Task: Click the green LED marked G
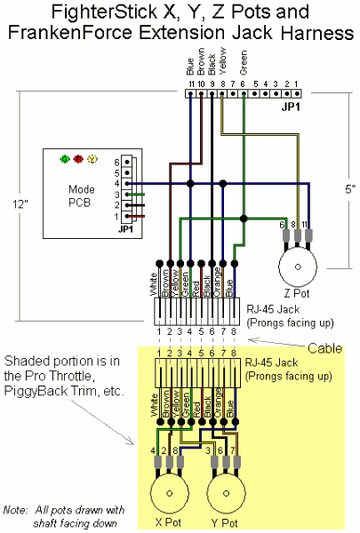point(65,159)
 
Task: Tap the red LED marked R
point(78,159)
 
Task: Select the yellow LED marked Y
point(92,159)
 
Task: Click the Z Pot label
point(297,293)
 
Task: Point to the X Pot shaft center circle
point(170,493)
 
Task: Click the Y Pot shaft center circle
point(226,493)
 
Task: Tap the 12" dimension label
point(20,204)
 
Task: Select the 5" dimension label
point(350,189)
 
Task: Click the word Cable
point(325,348)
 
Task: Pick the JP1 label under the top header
point(291,107)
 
